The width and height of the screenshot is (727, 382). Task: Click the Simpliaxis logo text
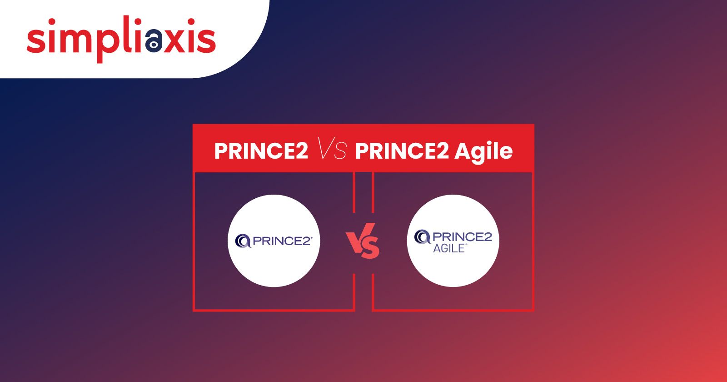tap(121, 39)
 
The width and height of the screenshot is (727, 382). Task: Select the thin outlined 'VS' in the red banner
tap(332, 148)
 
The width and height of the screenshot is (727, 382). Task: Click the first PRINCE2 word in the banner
tap(261, 151)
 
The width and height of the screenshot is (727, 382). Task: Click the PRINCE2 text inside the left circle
tap(282, 241)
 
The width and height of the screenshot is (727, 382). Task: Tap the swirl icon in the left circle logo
tap(243, 241)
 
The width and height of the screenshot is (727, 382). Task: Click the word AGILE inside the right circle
tap(449, 248)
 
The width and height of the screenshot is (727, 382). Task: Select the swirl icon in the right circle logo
tap(422, 236)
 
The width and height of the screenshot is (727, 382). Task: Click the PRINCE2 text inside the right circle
tap(462, 237)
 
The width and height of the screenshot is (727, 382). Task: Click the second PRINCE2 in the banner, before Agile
tap(402, 151)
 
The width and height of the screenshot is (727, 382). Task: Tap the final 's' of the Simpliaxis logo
tap(206, 40)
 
